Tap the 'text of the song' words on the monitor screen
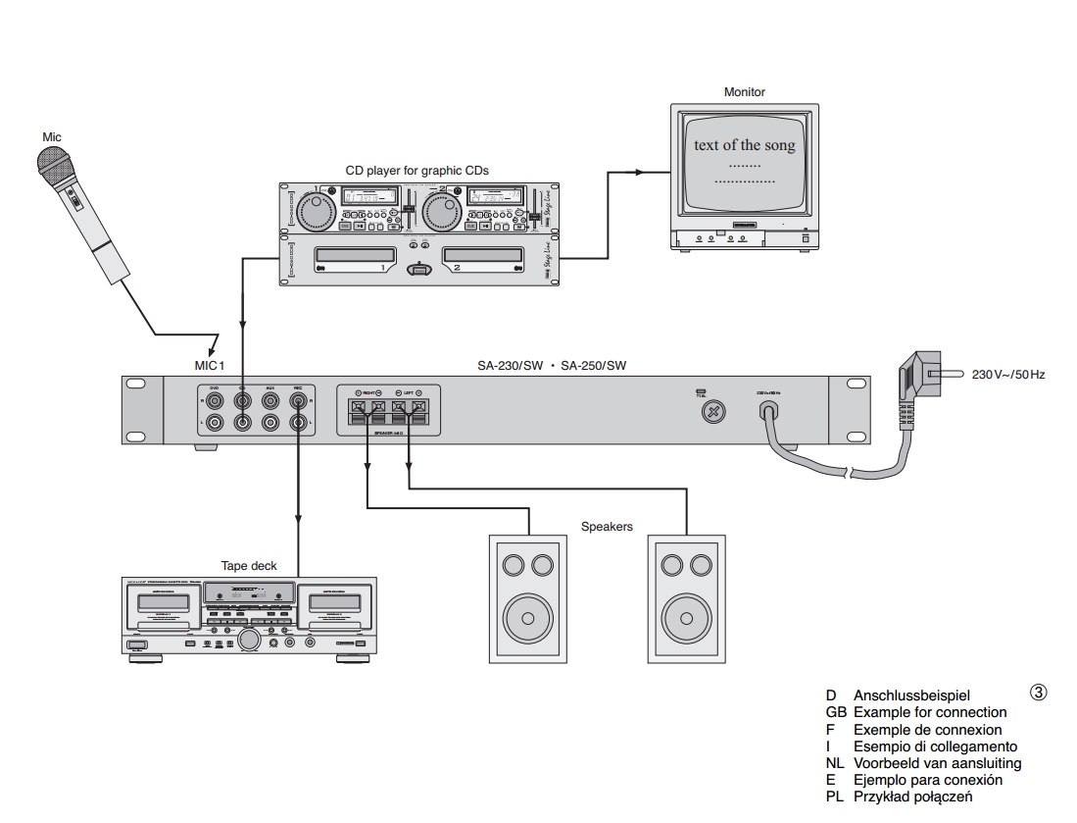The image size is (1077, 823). point(745,145)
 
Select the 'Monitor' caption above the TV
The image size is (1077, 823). point(745,92)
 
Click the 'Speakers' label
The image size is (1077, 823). point(608,527)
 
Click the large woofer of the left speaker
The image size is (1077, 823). point(527,618)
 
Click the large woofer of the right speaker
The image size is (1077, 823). point(686,618)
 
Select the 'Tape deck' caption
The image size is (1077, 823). point(250,566)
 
